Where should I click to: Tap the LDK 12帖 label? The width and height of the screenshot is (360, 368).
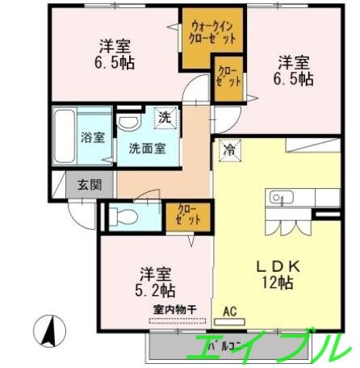[x=270, y=272]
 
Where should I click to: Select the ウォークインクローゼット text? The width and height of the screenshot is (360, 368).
[x=213, y=31]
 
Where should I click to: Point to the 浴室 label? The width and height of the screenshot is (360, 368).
[x=92, y=136]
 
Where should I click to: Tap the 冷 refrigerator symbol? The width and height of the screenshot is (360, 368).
[x=229, y=149]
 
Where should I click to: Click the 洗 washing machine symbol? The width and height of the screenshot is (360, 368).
[x=164, y=118]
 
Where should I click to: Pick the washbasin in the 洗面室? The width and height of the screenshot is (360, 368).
[x=128, y=123]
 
